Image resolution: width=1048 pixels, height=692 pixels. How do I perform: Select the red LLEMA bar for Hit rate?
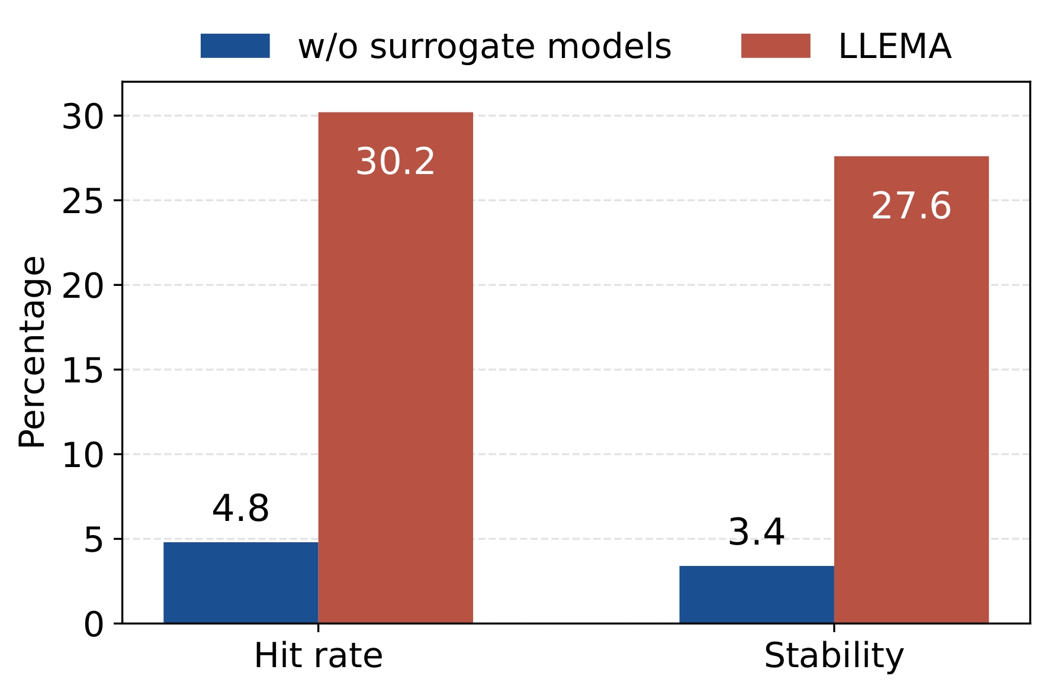396,367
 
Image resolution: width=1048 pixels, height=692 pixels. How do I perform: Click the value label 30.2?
396,162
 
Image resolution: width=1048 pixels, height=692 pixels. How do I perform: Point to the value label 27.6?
911,206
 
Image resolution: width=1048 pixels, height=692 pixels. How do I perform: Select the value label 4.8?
240,508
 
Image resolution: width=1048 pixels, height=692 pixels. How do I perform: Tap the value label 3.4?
756,532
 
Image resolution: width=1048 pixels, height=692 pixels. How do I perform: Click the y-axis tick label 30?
83,117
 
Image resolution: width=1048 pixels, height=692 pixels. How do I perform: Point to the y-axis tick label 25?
83,201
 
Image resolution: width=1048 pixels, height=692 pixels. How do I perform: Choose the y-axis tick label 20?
83,286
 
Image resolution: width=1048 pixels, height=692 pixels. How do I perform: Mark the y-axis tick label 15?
83,371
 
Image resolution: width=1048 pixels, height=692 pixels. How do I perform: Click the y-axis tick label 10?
83,455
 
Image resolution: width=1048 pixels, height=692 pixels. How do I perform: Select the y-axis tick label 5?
93,540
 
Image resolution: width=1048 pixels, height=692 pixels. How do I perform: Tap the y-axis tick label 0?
93,625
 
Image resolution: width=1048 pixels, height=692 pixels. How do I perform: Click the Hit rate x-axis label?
318,656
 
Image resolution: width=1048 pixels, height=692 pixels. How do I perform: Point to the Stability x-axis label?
834,656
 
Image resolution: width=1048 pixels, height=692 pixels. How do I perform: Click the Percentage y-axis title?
32,352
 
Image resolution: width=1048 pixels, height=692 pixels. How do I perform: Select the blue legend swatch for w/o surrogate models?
235,46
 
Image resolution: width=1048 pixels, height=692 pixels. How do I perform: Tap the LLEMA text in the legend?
895,46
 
